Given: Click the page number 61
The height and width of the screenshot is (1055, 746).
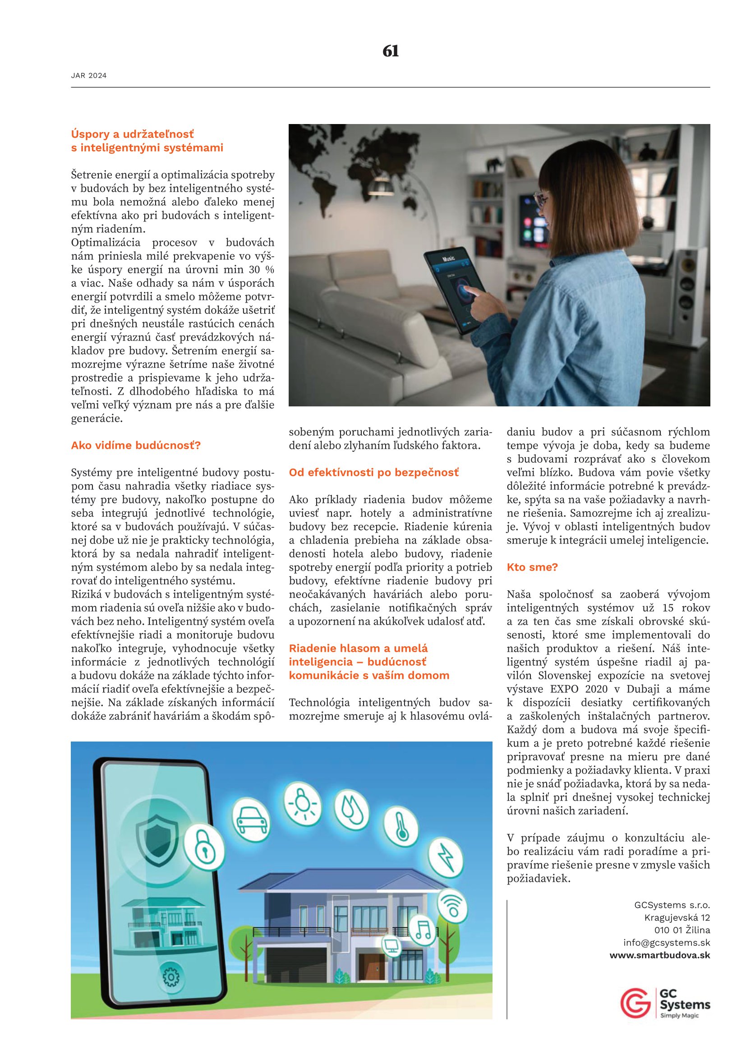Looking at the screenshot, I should [x=391, y=51].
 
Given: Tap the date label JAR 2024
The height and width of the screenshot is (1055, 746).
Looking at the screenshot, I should [x=89, y=76].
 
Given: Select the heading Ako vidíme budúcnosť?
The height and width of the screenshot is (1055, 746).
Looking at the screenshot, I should [x=135, y=445].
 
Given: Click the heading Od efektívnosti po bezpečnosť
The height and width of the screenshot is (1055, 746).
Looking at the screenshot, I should [x=373, y=472].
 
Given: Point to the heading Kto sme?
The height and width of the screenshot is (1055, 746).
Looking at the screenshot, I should [x=532, y=567].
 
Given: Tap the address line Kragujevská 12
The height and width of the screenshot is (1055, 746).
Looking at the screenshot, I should [x=677, y=917].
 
